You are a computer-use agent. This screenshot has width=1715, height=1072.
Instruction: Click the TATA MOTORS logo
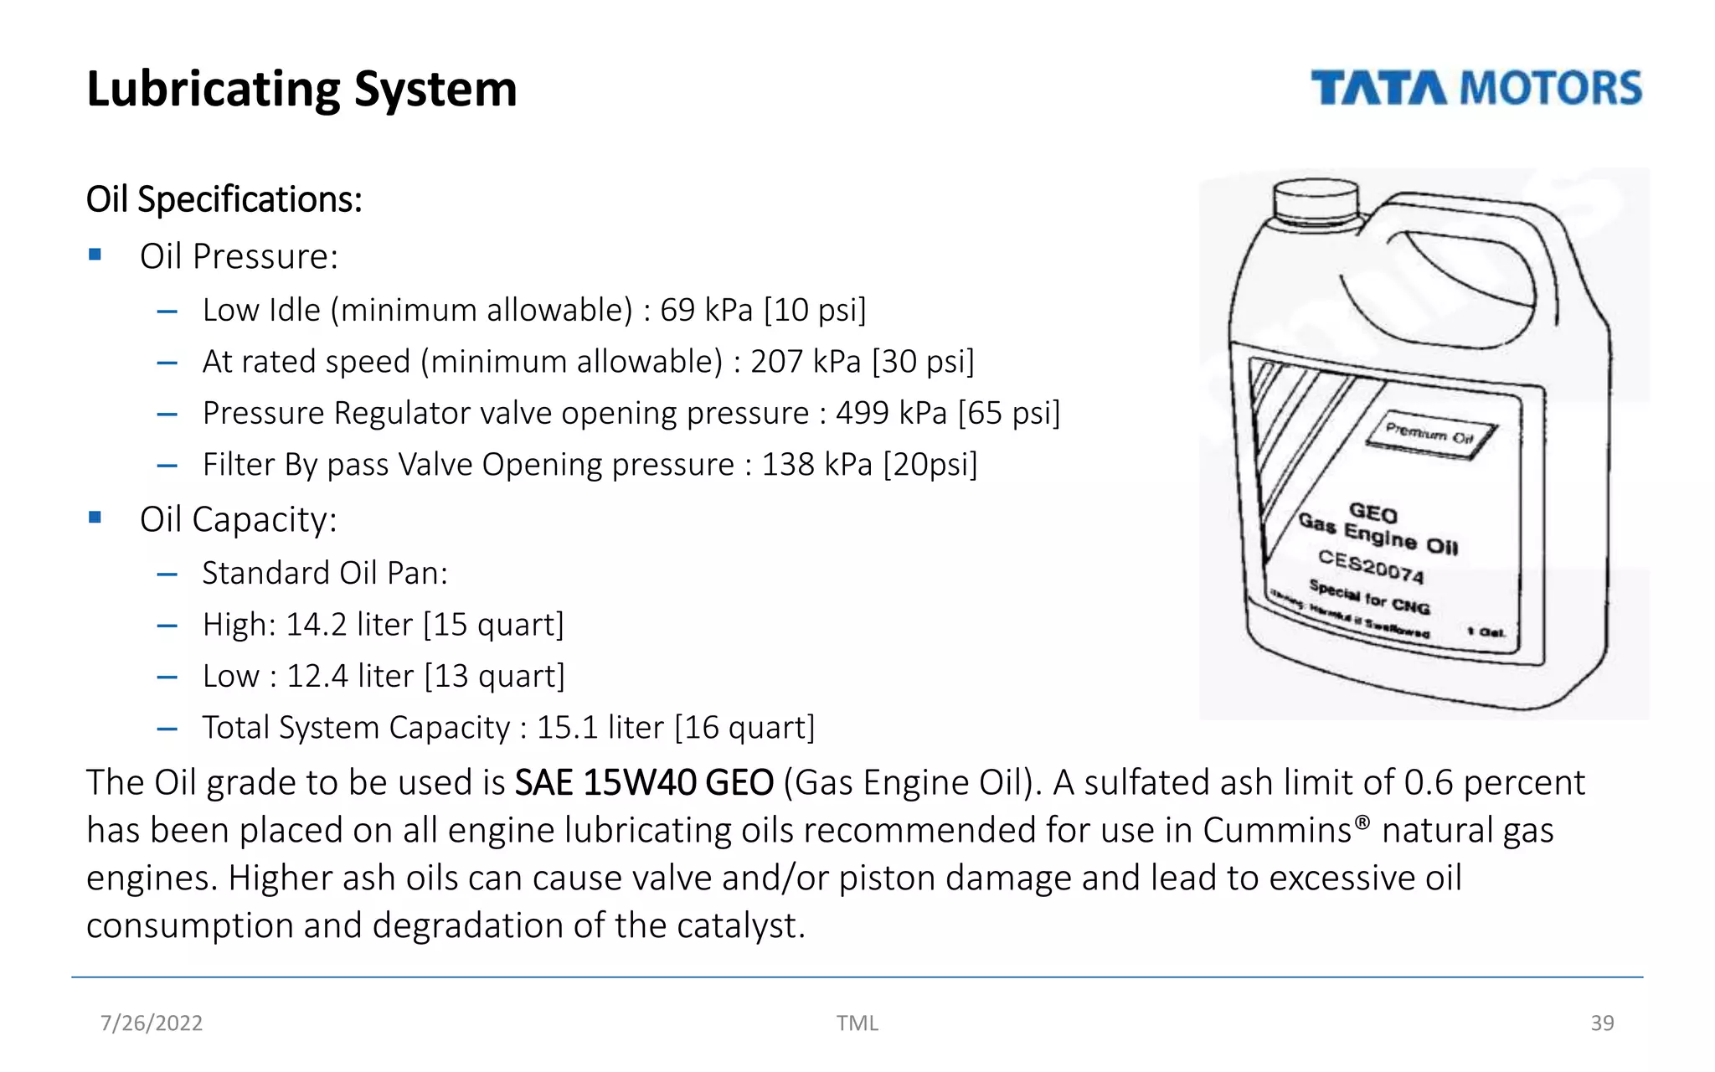(x=1476, y=89)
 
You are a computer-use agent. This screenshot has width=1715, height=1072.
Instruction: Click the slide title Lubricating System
(x=301, y=89)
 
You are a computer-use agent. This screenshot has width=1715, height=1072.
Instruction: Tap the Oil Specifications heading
(x=224, y=199)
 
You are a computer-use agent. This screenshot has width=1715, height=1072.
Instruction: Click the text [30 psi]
(x=923, y=362)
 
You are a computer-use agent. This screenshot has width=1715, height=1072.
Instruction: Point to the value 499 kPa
(x=891, y=413)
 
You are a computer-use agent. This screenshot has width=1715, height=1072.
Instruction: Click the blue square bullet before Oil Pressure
(x=95, y=255)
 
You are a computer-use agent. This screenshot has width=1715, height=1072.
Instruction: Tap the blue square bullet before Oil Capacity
(x=95, y=518)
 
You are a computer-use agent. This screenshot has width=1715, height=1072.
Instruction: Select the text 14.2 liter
(x=348, y=625)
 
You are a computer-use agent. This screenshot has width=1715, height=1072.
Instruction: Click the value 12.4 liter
(x=350, y=676)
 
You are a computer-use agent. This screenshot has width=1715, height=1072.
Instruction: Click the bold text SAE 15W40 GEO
(x=643, y=782)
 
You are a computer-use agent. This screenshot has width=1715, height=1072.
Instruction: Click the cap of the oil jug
(x=1315, y=201)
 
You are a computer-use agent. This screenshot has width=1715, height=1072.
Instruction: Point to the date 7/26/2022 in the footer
(x=152, y=1023)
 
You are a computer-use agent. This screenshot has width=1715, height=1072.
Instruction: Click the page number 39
(x=1601, y=1023)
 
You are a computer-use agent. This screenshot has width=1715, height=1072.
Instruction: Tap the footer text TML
(x=857, y=1023)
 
